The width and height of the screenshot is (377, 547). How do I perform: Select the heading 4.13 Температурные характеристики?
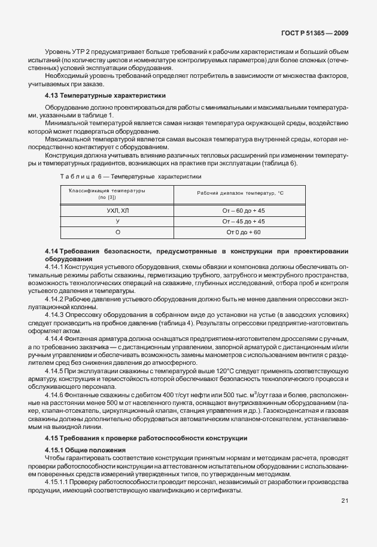point(106,96)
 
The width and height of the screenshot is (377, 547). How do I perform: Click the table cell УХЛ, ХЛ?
point(117,211)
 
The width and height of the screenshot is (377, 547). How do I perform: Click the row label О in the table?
point(117,232)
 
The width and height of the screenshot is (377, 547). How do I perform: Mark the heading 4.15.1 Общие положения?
point(85,449)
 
